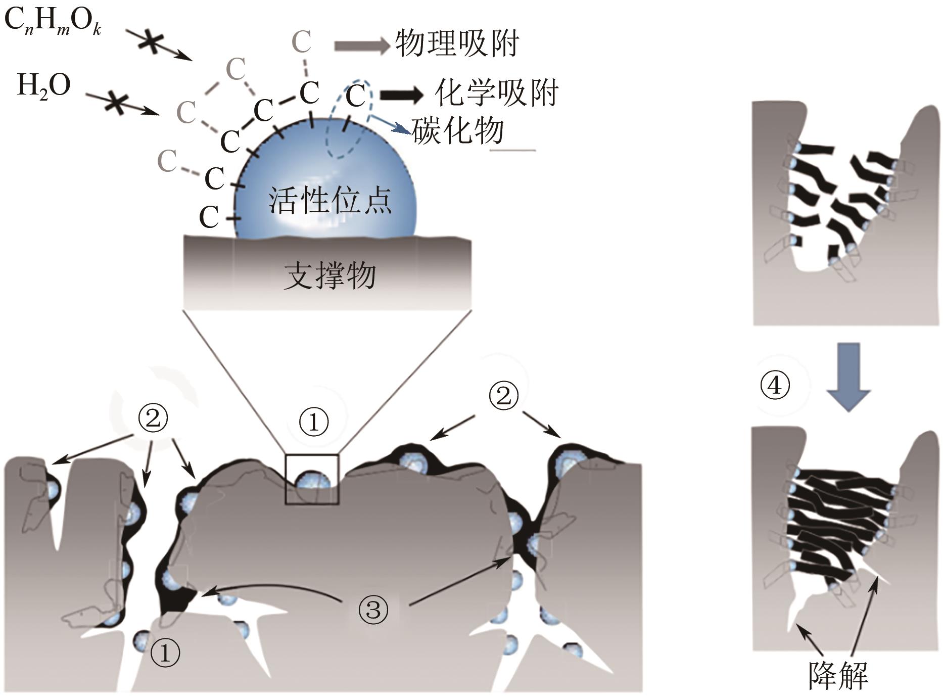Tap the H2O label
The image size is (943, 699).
click(x=43, y=86)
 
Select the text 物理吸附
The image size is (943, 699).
click(x=457, y=44)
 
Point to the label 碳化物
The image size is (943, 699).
click(x=458, y=131)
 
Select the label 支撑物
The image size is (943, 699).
click(x=329, y=276)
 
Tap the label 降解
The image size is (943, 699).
click(x=838, y=675)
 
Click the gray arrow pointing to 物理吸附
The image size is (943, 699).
click(x=361, y=45)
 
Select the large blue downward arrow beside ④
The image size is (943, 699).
click(x=848, y=376)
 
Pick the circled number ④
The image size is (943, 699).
click(x=774, y=386)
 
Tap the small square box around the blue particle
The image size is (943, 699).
click(x=312, y=479)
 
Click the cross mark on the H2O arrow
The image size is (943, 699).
click(x=116, y=104)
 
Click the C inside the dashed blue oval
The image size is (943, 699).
click(x=355, y=96)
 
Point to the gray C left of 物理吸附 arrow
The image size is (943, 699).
click(x=301, y=42)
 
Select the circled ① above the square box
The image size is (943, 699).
click(x=314, y=422)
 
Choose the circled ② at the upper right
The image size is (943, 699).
click(x=503, y=396)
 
